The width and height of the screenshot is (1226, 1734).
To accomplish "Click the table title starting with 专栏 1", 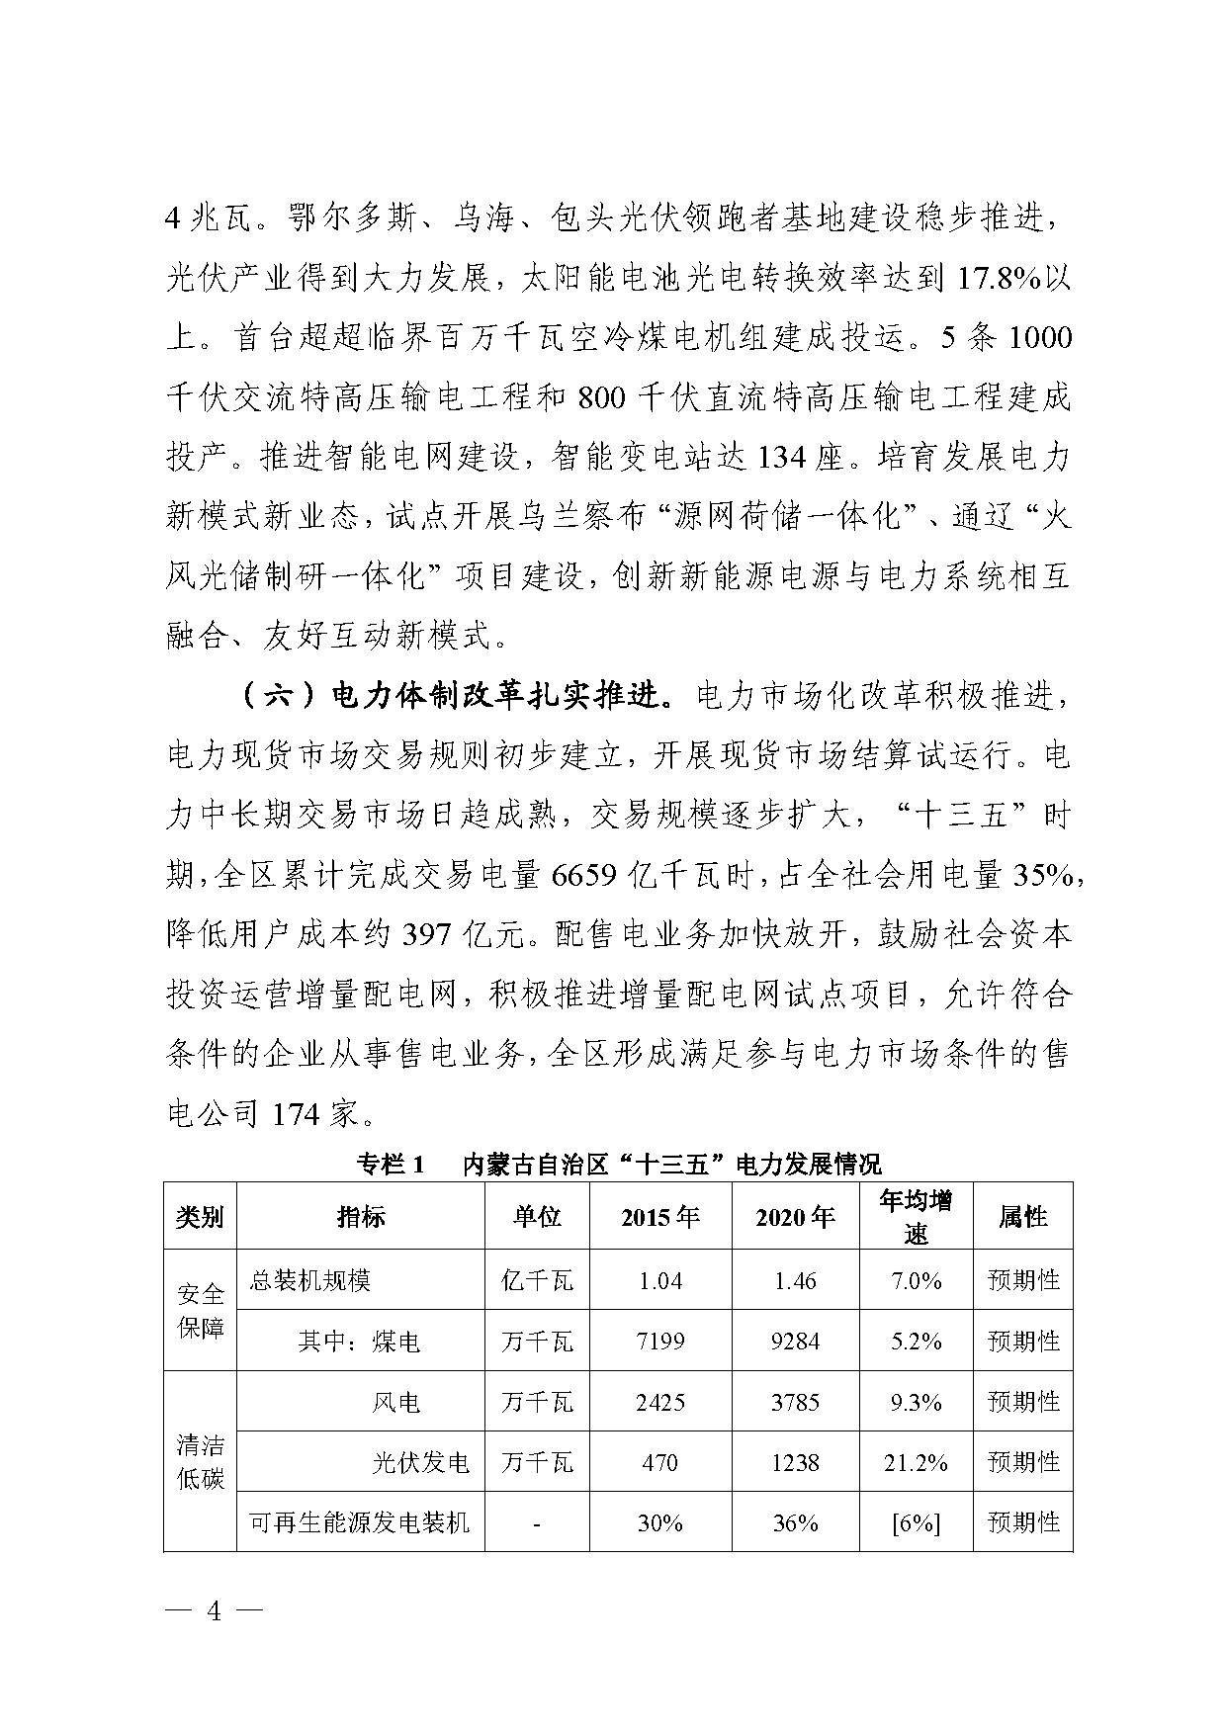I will click(618, 1163).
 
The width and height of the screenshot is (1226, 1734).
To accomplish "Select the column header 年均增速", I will click(916, 1216).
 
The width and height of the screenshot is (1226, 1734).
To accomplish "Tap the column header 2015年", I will click(659, 1217).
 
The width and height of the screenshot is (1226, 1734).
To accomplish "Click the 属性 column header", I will click(1022, 1217).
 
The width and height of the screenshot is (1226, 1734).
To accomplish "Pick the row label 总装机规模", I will click(309, 1280).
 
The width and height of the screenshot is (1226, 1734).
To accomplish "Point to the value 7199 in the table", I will click(659, 1341).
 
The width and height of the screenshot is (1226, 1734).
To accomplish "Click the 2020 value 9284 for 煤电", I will click(795, 1341).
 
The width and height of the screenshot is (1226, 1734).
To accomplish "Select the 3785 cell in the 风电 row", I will click(795, 1401).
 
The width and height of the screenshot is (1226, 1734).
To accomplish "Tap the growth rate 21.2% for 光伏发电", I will click(916, 1461).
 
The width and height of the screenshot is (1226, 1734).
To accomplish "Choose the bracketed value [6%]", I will click(916, 1522).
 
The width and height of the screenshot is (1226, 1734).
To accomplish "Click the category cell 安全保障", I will click(201, 1310).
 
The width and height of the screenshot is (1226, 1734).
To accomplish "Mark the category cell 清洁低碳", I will click(201, 1462).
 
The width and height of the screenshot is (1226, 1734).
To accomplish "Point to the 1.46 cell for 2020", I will click(795, 1280).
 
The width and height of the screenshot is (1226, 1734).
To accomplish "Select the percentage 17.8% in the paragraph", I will click(999, 279).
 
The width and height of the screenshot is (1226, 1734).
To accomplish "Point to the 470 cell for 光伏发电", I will click(659, 1461).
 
